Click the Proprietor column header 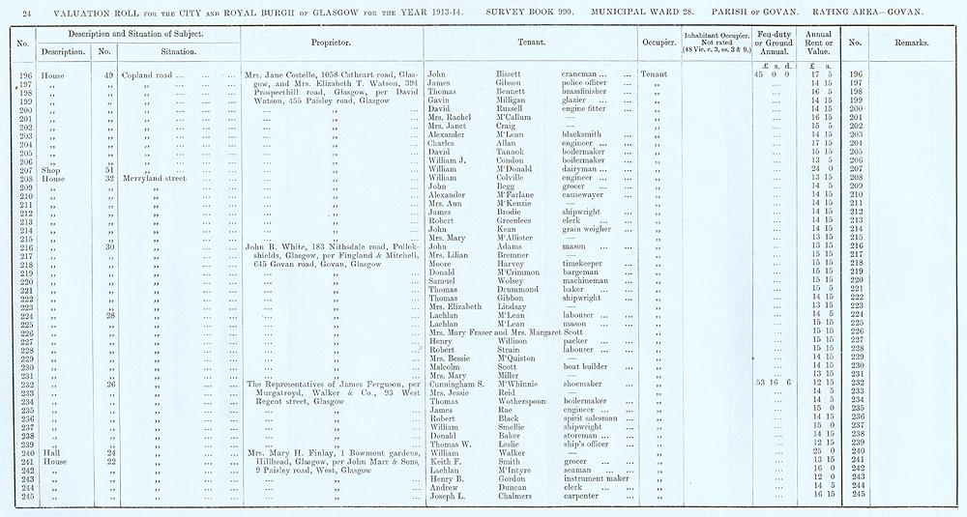coord(331,43)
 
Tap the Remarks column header coord(912,43)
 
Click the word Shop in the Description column coord(51,169)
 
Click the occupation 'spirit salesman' coord(592,419)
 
